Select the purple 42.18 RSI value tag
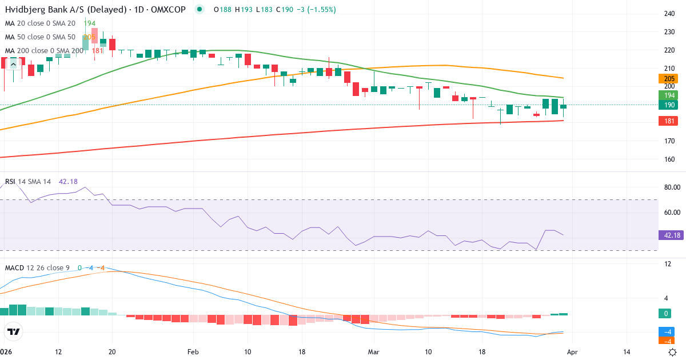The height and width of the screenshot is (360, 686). [672, 235]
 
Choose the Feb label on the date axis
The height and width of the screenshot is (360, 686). [193, 352]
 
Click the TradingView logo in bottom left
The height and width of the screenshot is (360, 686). [14, 331]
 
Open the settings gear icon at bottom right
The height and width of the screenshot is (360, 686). [673, 352]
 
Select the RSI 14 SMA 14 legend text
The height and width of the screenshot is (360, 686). [28, 181]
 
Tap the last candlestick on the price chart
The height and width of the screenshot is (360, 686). [563, 106]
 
